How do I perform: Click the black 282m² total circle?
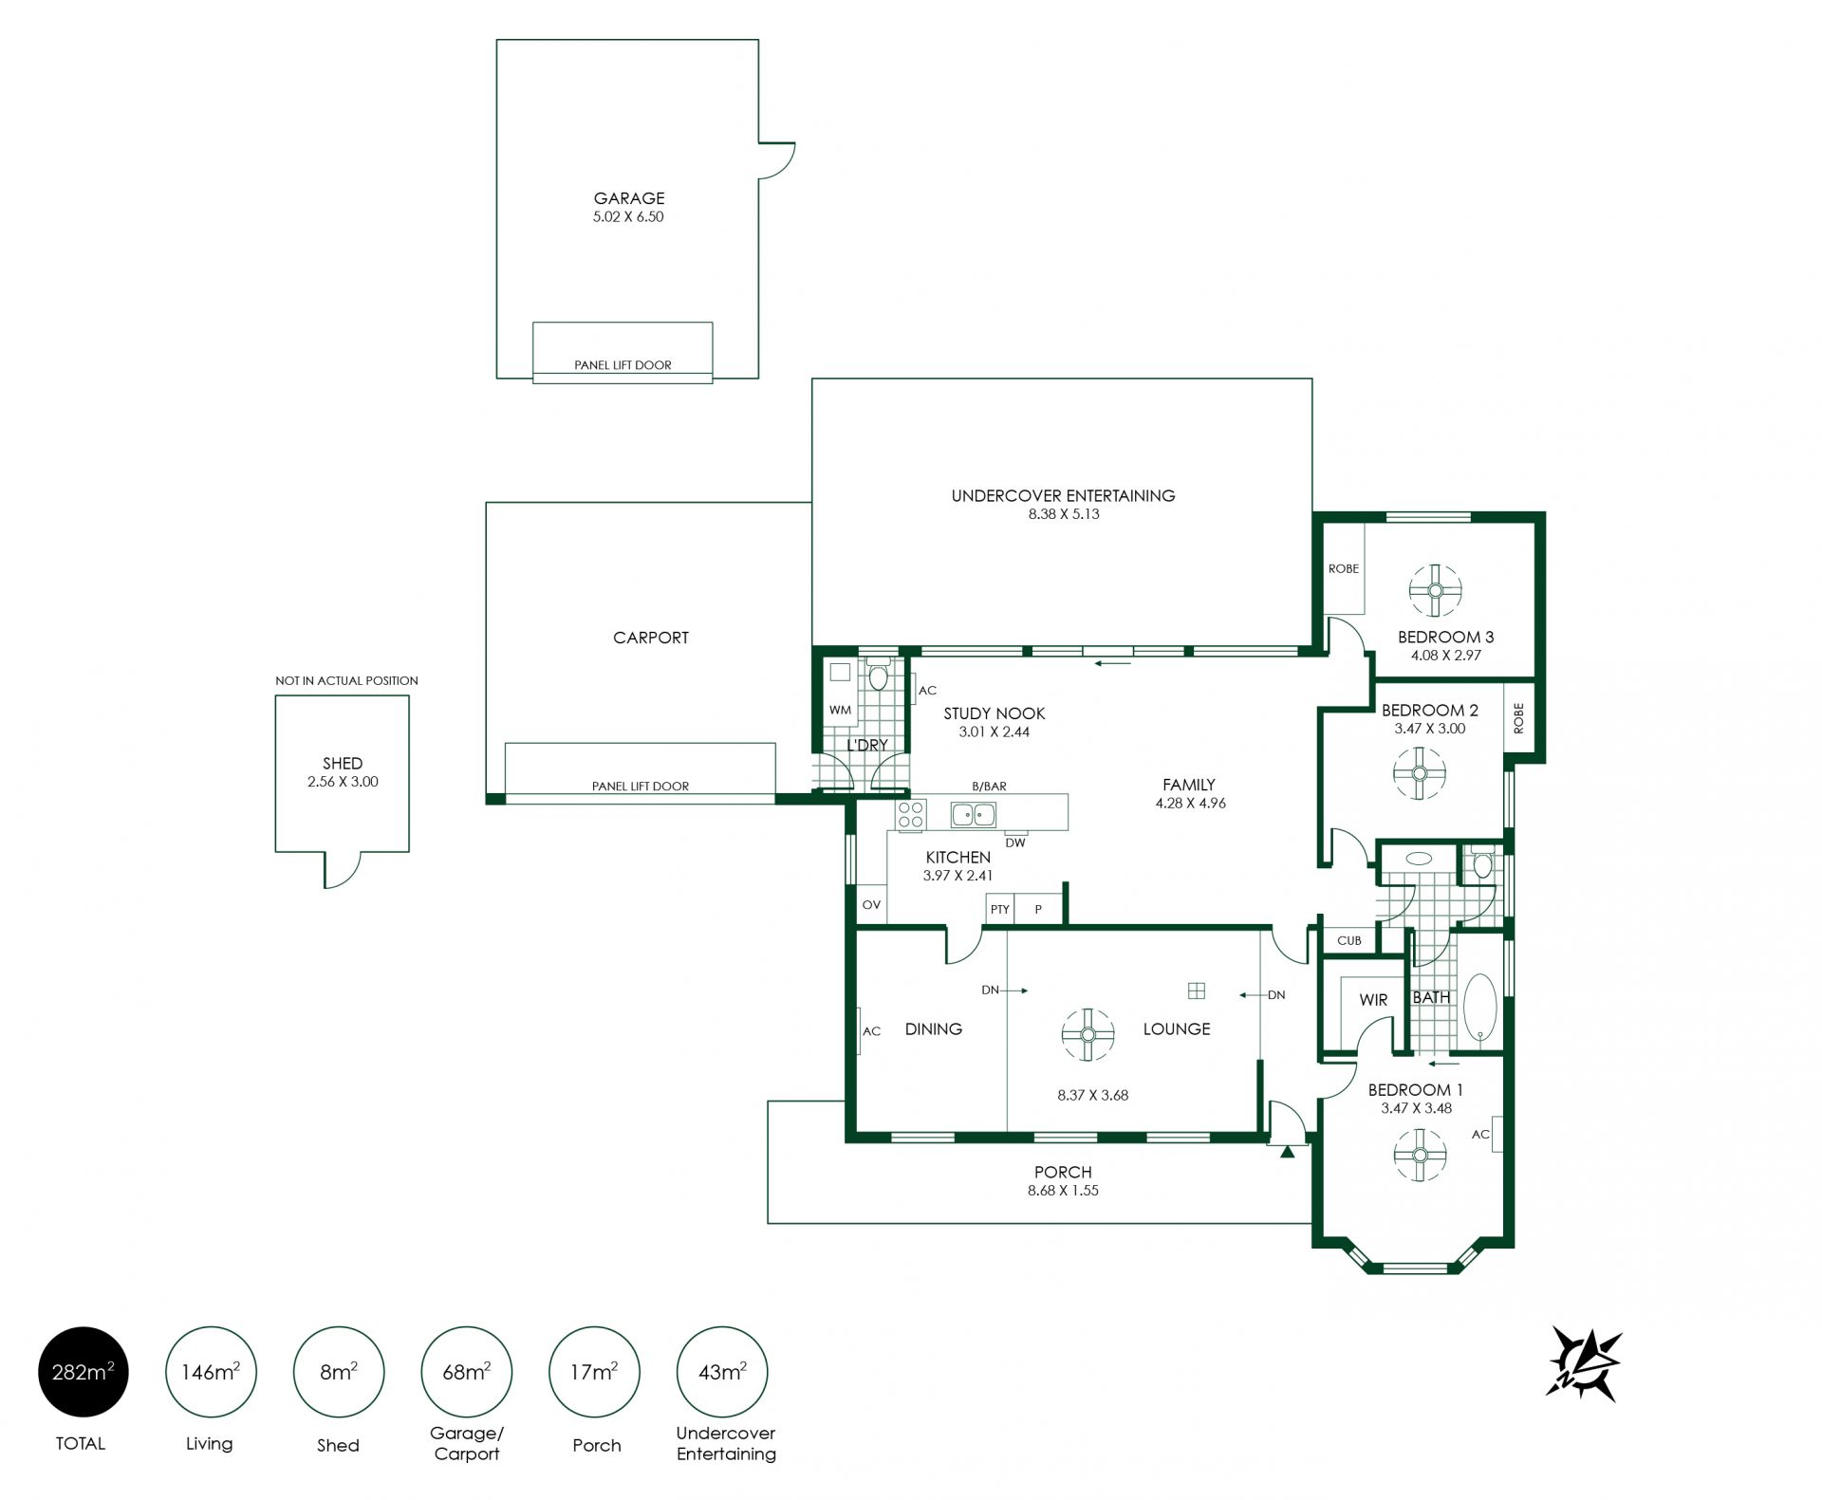(83, 1372)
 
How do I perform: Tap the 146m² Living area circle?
(211, 1372)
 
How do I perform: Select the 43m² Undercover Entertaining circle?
(722, 1372)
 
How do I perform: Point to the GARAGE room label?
(629, 198)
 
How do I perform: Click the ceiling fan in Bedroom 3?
(1435, 590)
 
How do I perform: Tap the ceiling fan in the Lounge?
(1088, 1034)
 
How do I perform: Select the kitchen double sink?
(974, 814)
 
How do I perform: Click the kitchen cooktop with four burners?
(911, 815)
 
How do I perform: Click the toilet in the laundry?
(879, 675)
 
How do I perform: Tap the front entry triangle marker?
(1287, 1153)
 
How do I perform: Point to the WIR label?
(1373, 1000)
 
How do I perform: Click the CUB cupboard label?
(1349, 940)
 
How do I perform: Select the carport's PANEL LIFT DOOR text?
(641, 786)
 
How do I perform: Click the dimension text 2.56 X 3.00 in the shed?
(343, 782)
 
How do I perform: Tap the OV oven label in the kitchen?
(871, 905)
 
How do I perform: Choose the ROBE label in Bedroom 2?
(1518, 717)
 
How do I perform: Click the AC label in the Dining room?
(872, 1031)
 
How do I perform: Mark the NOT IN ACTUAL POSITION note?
(346, 680)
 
